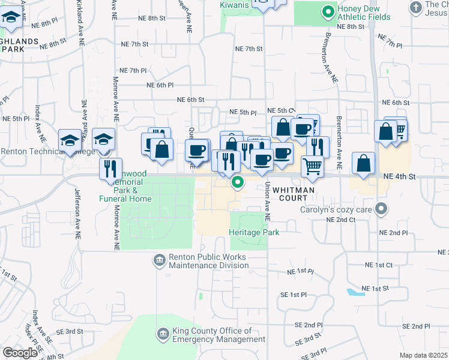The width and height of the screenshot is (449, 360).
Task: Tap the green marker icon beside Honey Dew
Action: pyautogui.click(x=328, y=11)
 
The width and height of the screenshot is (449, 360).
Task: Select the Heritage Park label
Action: pyautogui.click(x=253, y=232)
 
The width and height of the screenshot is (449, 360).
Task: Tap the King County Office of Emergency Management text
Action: pyautogui.click(x=218, y=335)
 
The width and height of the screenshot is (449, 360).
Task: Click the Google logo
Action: pyautogui.click(x=20, y=352)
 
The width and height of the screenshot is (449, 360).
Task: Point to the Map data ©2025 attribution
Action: pyautogui.click(x=423, y=355)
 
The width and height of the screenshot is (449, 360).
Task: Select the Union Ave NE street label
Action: pyautogui.click(x=267, y=201)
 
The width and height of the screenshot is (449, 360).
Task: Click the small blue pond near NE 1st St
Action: pyautogui.click(x=355, y=292)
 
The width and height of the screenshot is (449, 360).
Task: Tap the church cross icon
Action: pyautogui.click(x=415, y=8)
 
